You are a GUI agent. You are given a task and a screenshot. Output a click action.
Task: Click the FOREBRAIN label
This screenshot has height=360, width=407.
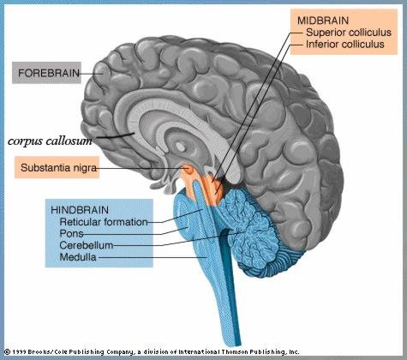tap(49, 73)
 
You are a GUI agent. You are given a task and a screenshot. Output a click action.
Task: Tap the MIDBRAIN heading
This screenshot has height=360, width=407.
tap(323, 21)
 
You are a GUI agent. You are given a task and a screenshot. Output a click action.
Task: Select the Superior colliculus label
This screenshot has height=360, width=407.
tap(349, 33)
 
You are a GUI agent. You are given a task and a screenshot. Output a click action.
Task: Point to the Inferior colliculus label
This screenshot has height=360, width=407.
tap(345, 45)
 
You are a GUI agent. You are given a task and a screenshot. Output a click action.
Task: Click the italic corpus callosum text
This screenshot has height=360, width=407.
tap(50, 141)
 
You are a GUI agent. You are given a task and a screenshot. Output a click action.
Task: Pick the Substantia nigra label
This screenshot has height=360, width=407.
tap(58, 167)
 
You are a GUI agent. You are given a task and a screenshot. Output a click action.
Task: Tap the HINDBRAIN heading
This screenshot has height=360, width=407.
tap(80, 210)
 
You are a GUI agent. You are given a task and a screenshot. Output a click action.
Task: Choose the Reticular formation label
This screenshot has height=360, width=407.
tap(104, 222)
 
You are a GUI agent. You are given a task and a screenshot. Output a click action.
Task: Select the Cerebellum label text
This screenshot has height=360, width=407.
tap(87, 245)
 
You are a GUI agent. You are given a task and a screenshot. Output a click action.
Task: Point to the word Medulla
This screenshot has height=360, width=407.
tap(78, 257)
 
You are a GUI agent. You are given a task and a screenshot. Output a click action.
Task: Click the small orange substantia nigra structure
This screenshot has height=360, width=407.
tap(188, 169)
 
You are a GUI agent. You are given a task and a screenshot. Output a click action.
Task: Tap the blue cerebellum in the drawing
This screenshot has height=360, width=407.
tap(257, 234)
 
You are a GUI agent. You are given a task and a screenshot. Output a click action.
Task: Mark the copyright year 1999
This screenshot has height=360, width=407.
tap(20, 351)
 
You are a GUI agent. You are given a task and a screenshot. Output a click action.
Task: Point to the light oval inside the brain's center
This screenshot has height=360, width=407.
tap(180, 147)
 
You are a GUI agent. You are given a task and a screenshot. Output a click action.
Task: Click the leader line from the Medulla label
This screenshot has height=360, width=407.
tap(153, 257)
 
